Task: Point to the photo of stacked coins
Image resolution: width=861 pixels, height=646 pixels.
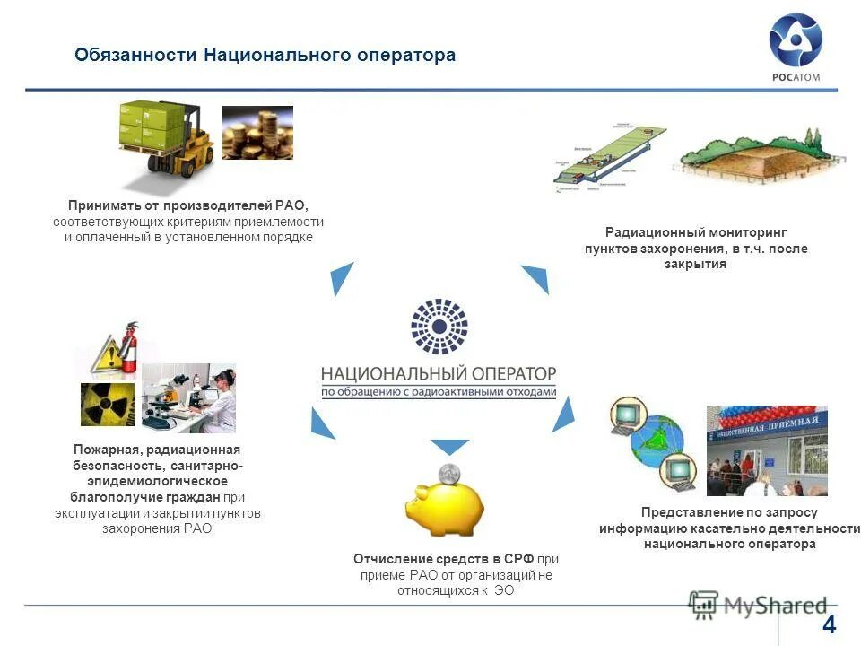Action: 257,133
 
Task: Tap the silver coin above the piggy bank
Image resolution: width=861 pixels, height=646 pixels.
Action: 448,474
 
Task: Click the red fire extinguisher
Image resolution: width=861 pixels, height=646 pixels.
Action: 130,347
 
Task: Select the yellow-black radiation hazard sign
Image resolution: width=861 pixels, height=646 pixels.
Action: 108,405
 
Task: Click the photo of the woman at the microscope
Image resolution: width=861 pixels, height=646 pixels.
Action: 189,397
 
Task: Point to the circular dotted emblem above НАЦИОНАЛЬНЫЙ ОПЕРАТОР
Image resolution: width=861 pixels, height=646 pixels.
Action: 439,326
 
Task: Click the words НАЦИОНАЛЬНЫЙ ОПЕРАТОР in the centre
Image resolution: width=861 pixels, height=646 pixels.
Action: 439,372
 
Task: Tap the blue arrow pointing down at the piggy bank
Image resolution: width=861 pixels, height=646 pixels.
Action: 449,445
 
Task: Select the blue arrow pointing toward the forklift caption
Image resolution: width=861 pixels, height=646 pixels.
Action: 343,279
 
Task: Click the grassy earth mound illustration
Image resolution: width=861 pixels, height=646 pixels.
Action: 750,155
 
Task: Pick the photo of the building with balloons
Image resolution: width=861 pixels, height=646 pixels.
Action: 766,450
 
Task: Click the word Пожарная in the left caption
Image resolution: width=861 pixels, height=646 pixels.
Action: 105,450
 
